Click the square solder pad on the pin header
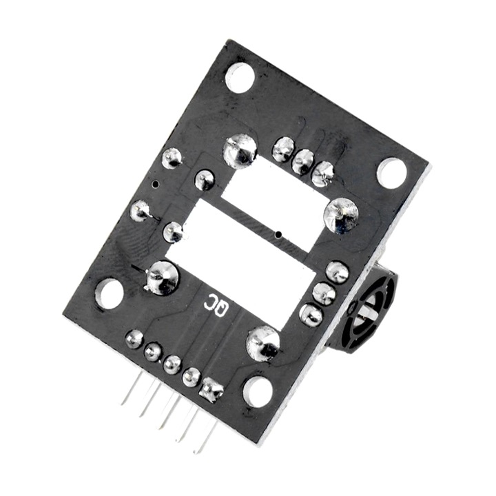[210, 391]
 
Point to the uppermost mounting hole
[239, 77]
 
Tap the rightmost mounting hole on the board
[391, 172]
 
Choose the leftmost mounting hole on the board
[109, 293]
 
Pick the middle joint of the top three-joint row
[302, 161]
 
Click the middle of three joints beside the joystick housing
[324, 294]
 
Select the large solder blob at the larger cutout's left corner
[163, 277]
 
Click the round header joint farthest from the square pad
[134, 338]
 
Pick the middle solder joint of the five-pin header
[172, 364]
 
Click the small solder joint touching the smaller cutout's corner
[205, 180]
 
